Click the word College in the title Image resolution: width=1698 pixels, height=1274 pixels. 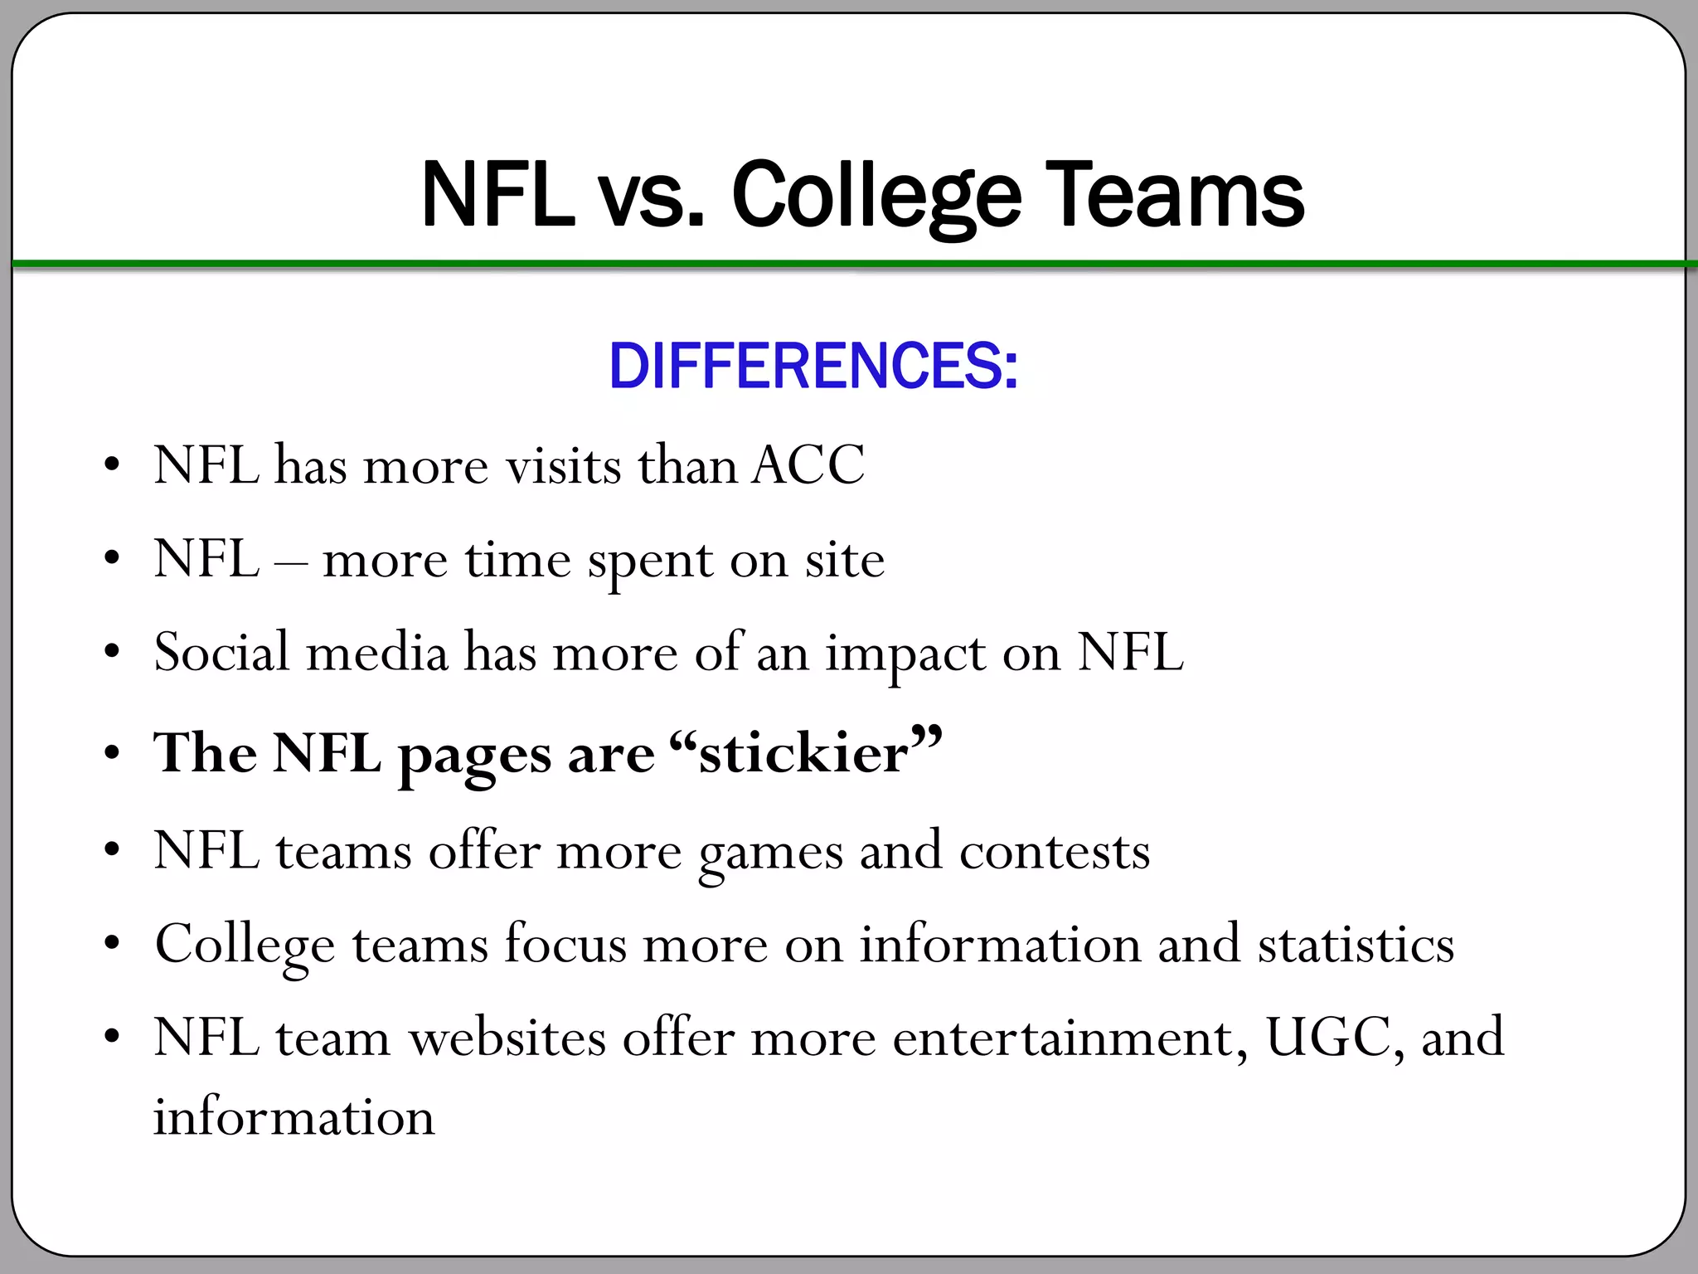[x=876, y=196]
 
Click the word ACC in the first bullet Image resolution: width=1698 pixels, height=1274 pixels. [x=808, y=464]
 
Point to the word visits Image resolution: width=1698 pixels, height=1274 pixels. [x=564, y=464]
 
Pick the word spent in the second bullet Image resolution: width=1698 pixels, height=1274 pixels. [x=650, y=561]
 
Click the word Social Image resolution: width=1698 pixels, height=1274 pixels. [x=222, y=652]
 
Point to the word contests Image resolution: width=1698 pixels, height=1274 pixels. [x=1055, y=852]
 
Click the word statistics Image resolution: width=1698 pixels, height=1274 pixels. [x=1356, y=945]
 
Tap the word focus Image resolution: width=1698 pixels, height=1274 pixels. [x=565, y=945]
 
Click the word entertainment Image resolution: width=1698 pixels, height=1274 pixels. [x=1070, y=1038]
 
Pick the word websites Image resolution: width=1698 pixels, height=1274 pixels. [x=507, y=1038]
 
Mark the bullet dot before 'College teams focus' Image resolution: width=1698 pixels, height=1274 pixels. [x=112, y=945]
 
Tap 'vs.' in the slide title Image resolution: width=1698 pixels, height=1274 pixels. [x=652, y=196]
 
